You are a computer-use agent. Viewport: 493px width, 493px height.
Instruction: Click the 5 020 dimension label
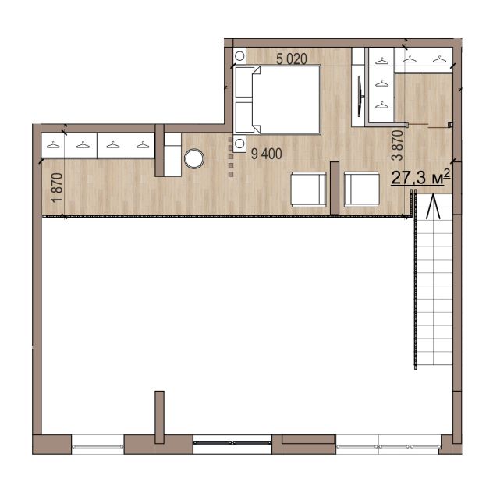pyautogui.click(x=292, y=59)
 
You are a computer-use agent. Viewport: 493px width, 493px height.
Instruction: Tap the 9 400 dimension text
pyautogui.click(x=266, y=154)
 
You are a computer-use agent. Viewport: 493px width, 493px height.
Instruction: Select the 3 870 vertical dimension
pyautogui.click(x=398, y=145)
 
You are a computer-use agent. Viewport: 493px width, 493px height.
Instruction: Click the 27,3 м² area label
pyautogui.click(x=420, y=177)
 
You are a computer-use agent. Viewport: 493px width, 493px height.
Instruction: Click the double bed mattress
pyautogui.click(x=286, y=100)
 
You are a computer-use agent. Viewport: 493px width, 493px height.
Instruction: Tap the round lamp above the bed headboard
pyautogui.click(x=239, y=56)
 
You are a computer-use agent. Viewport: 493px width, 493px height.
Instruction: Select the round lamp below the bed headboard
pyautogui.click(x=239, y=144)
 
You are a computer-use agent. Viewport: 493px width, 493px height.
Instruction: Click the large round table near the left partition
pyautogui.click(x=194, y=158)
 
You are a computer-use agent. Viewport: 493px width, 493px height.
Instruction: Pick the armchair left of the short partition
pyautogui.click(x=308, y=190)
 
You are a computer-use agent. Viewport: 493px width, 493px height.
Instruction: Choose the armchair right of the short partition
pyautogui.click(x=362, y=190)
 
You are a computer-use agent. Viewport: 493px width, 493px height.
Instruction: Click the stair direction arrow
pyautogui.click(x=433, y=206)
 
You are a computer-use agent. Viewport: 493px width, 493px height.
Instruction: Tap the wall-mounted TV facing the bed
pyautogui.click(x=360, y=96)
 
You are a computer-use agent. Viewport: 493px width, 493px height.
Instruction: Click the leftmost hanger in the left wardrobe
pyautogui.click(x=53, y=145)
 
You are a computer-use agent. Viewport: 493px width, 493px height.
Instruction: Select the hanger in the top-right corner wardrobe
pyautogui.click(x=439, y=59)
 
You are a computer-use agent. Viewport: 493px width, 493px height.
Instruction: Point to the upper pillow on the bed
pyautogui.click(x=244, y=82)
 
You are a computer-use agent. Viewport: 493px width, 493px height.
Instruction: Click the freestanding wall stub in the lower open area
pyautogui.click(x=159, y=417)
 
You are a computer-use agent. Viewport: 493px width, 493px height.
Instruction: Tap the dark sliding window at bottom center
pyautogui.click(x=232, y=442)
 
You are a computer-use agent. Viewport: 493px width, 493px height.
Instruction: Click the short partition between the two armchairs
pyautogui.click(x=335, y=188)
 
